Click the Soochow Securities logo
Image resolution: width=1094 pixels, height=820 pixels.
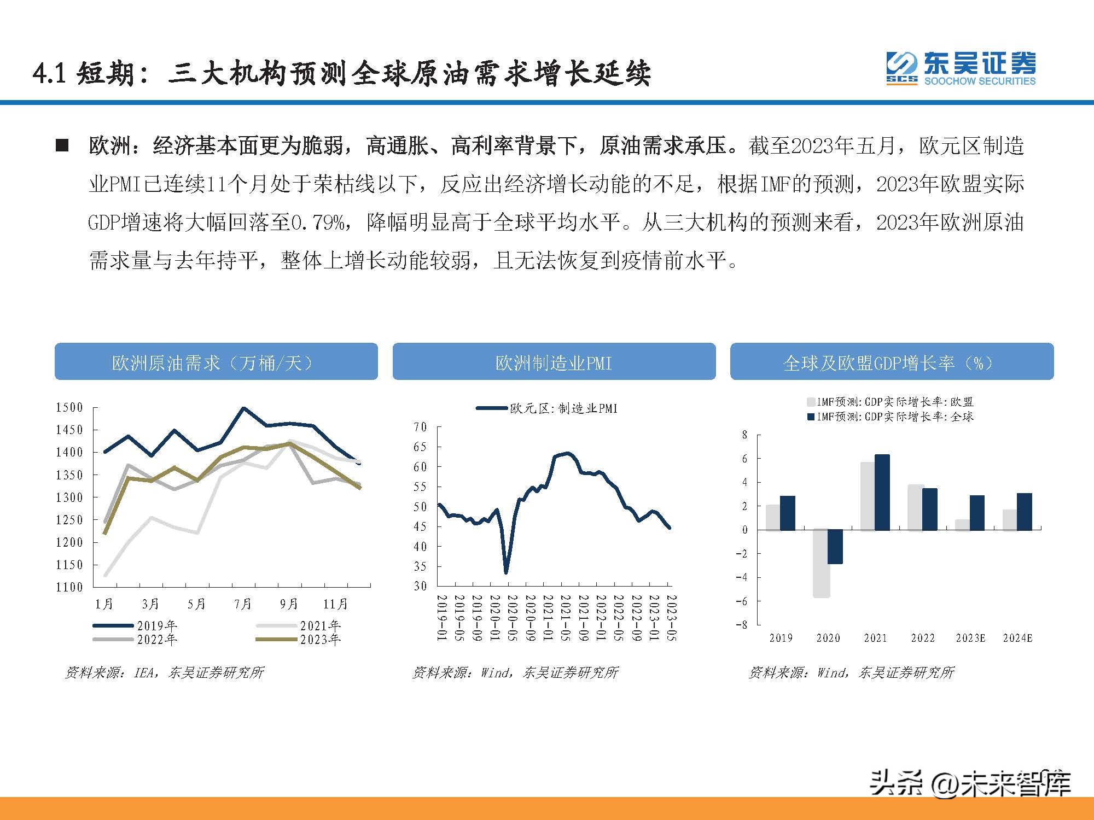click(961, 69)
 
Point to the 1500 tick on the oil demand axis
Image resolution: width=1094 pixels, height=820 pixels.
click(69, 407)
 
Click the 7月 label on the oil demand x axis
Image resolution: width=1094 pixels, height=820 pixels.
click(243, 604)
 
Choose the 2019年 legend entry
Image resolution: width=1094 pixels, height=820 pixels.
click(156, 625)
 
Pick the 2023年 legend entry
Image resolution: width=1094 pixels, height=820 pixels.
click(320, 639)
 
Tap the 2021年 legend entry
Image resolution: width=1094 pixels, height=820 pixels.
click(320, 625)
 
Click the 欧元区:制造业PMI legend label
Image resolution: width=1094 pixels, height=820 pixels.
click(563, 408)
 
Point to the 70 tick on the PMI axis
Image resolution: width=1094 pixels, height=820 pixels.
click(420, 427)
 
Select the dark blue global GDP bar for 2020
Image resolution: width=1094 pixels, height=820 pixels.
click(835, 547)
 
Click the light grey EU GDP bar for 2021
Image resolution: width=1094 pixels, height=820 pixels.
click(867, 496)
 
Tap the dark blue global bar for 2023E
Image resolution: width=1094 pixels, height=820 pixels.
click(977, 513)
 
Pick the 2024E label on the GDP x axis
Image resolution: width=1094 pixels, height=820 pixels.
click(1017, 638)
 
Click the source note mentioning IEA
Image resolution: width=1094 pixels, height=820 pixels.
click(165, 672)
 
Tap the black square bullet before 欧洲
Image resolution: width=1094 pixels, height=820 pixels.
click(62, 146)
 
